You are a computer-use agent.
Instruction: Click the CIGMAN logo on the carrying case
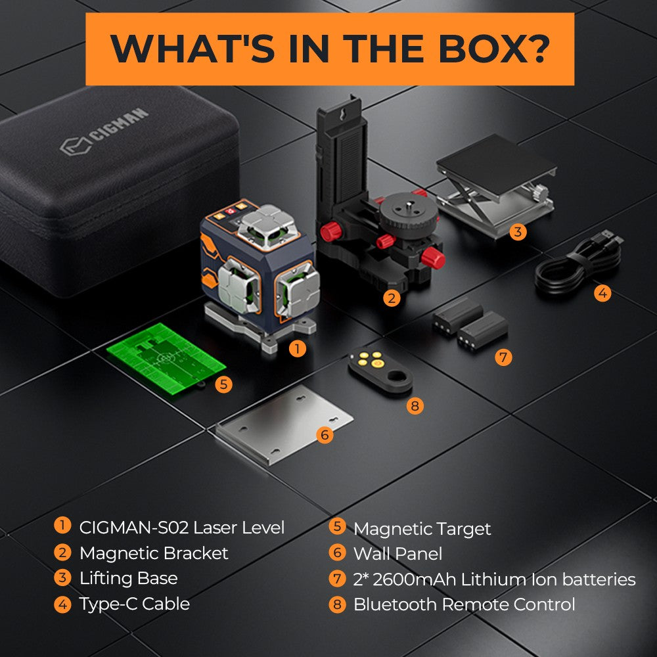click(104, 134)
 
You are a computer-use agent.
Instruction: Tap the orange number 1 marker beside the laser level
click(298, 349)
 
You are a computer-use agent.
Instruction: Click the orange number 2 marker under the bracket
click(392, 298)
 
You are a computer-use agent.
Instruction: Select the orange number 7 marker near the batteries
click(503, 357)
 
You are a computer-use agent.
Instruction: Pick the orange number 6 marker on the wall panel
click(325, 434)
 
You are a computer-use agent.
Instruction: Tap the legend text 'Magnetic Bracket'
click(154, 553)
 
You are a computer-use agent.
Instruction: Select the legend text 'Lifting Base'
click(128, 578)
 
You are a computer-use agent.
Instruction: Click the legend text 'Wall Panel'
click(397, 553)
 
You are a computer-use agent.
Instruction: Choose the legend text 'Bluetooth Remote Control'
click(464, 604)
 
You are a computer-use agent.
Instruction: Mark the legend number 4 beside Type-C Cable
click(62, 604)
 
